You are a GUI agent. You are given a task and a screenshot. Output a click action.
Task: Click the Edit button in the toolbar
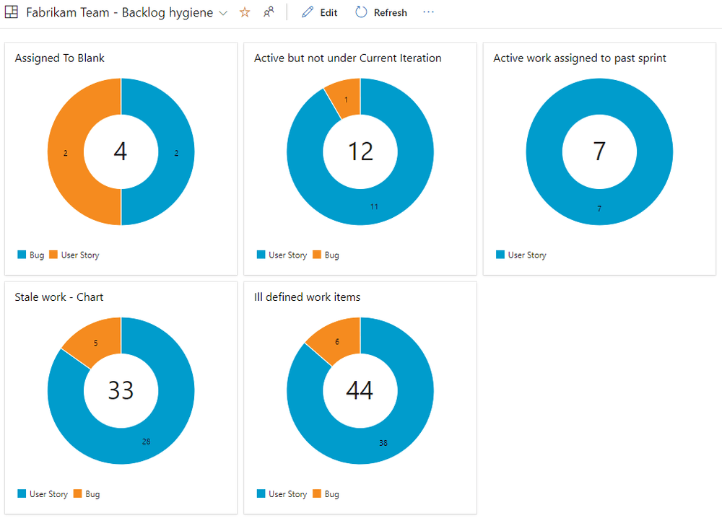click(x=320, y=13)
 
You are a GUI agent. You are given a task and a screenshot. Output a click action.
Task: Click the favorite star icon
click(x=245, y=12)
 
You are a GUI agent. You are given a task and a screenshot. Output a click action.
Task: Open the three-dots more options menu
click(x=429, y=12)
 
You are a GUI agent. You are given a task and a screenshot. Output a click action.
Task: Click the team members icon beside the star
click(x=269, y=12)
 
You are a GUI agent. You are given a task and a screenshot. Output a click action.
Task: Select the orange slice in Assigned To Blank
click(x=66, y=152)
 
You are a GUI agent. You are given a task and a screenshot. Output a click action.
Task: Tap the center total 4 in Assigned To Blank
click(x=121, y=152)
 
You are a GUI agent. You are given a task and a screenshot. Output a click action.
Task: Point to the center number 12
click(x=360, y=152)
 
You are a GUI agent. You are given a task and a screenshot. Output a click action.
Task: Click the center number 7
click(x=599, y=152)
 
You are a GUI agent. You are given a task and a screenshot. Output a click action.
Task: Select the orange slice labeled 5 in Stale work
click(x=96, y=341)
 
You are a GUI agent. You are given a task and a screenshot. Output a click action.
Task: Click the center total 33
click(x=121, y=390)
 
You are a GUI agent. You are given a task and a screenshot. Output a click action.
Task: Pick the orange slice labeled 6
click(x=336, y=341)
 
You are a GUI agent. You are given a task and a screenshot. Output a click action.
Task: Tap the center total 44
click(x=360, y=390)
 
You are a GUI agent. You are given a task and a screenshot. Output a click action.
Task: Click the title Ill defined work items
click(x=307, y=297)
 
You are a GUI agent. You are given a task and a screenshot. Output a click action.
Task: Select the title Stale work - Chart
click(x=59, y=297)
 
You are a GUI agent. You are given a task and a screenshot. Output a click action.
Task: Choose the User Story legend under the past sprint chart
click(x=521, y=255)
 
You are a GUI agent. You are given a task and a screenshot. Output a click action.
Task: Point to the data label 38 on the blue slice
click(x=383, y=443)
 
